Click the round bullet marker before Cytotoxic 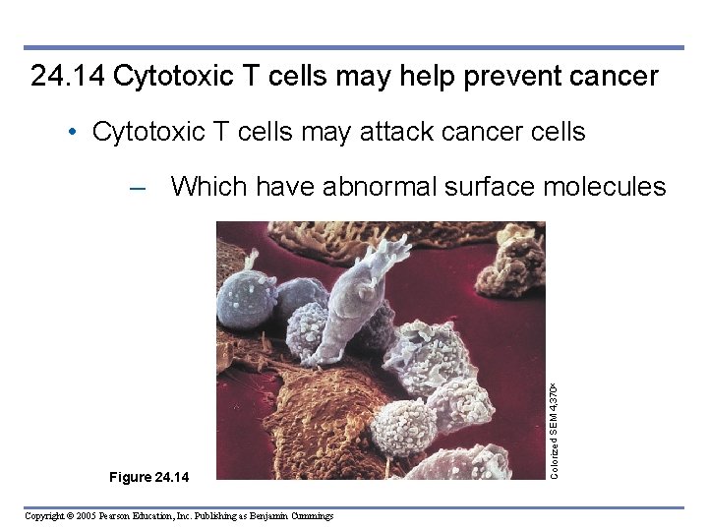74,132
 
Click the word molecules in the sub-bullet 605,186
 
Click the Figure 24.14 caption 147,478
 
